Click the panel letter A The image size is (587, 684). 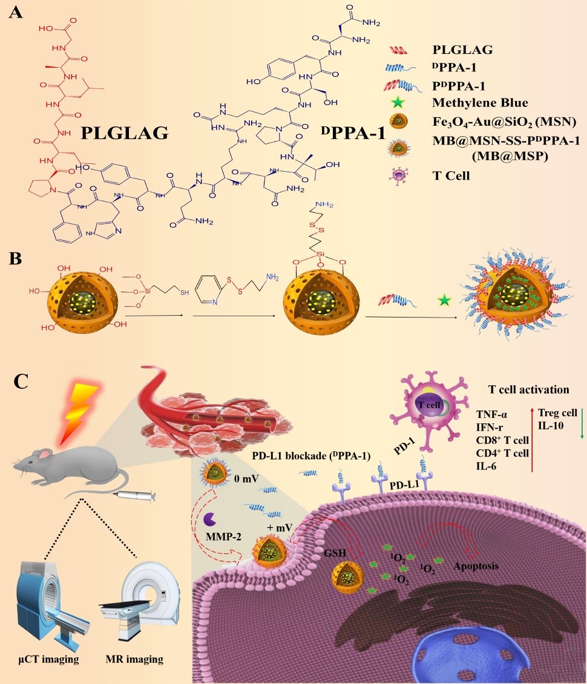tap(17, 14)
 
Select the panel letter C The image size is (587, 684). tap(19, 382)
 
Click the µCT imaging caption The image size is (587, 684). tap(46, 659)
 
